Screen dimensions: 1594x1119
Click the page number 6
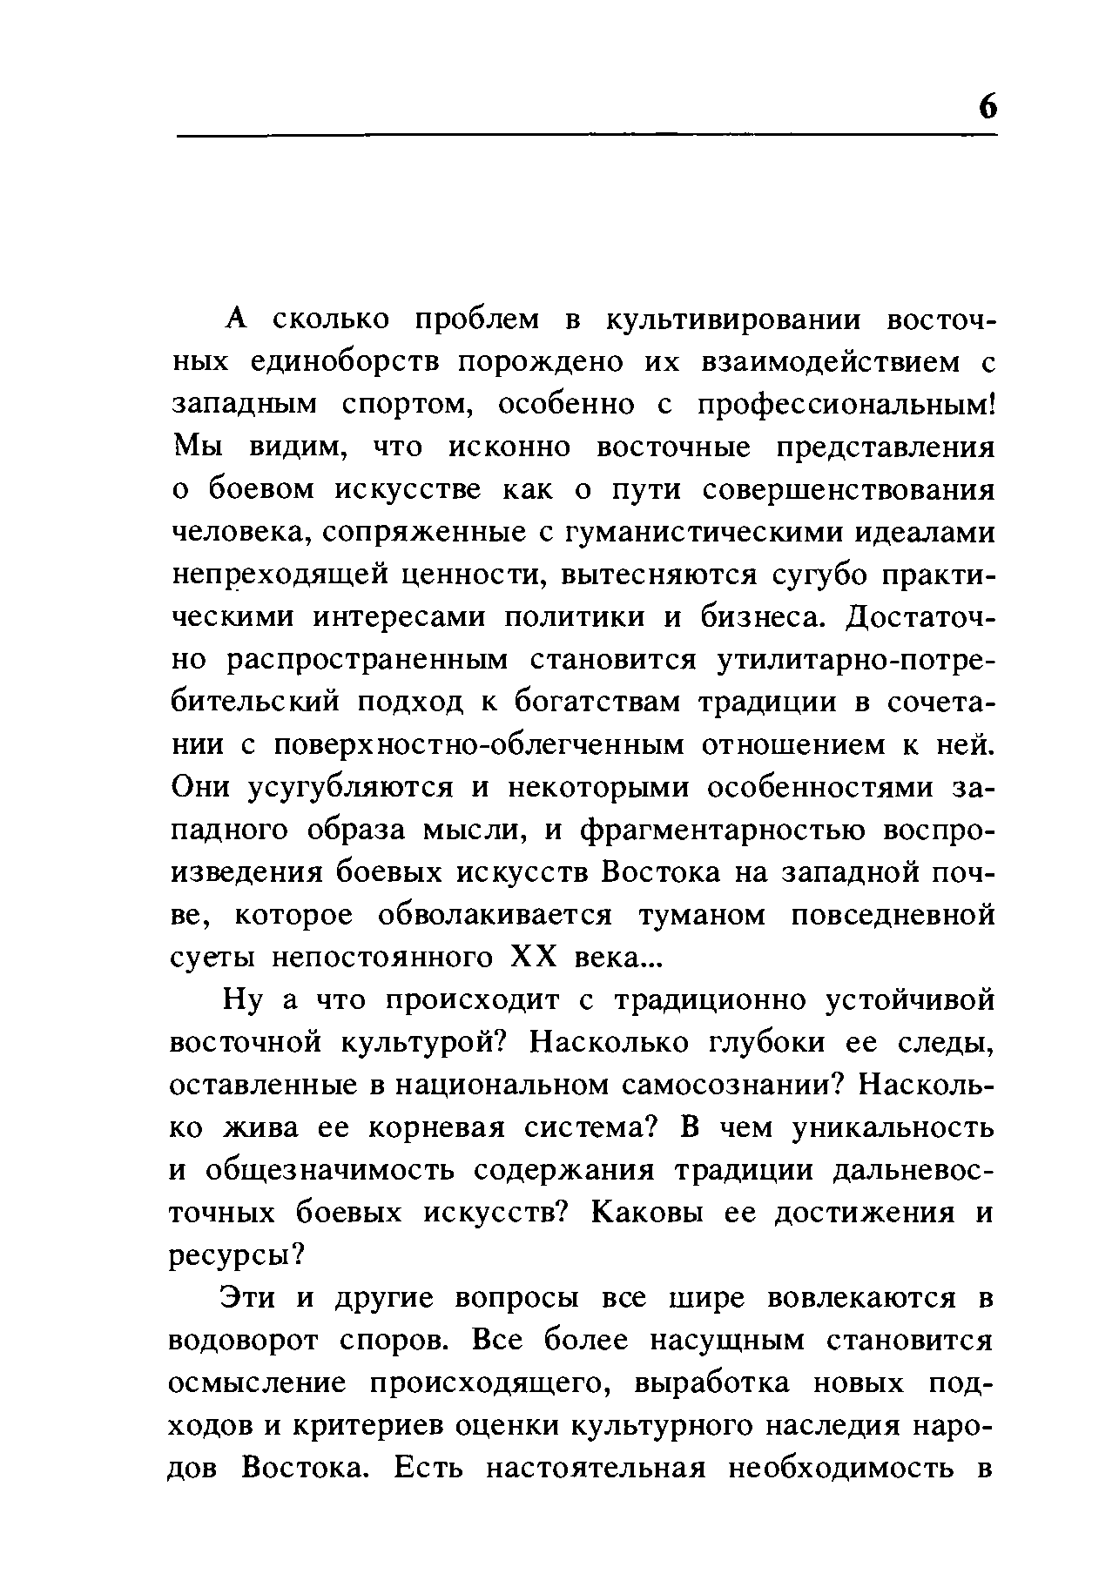(x=986, y=107)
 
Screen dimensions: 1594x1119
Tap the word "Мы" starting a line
(x=199, y=447)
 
